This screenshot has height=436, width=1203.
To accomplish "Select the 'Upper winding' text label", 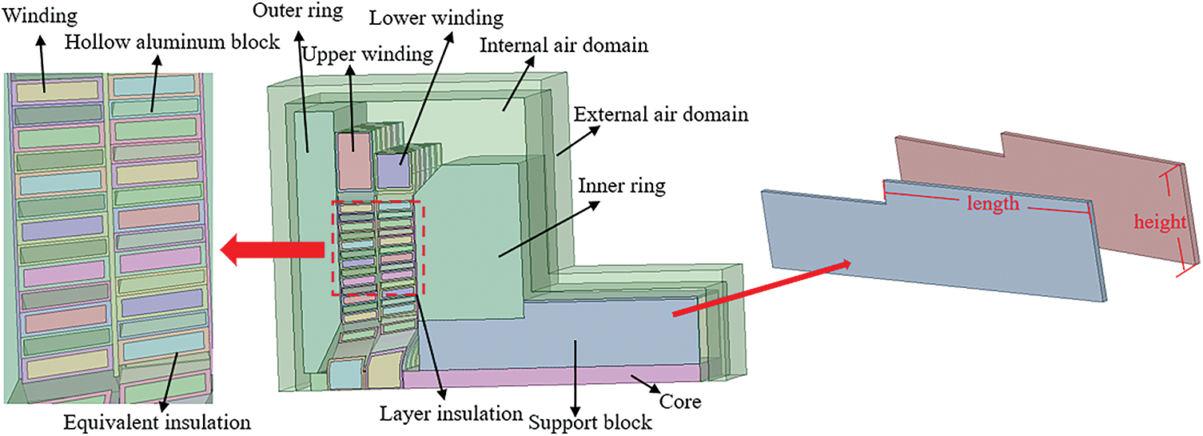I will tap(368, 54).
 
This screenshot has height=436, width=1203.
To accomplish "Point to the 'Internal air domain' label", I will tap(564, 45).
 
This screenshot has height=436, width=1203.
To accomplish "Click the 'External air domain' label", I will tap(661, 114).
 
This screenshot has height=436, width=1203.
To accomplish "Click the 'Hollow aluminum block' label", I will tap(173, 42).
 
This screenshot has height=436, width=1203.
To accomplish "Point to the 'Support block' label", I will tap(590, 421).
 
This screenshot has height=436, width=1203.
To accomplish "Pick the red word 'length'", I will tap(994, 203).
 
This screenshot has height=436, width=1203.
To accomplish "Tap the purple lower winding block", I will tap(393, 170).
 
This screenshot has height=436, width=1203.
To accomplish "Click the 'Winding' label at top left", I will tap(29, 16).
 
